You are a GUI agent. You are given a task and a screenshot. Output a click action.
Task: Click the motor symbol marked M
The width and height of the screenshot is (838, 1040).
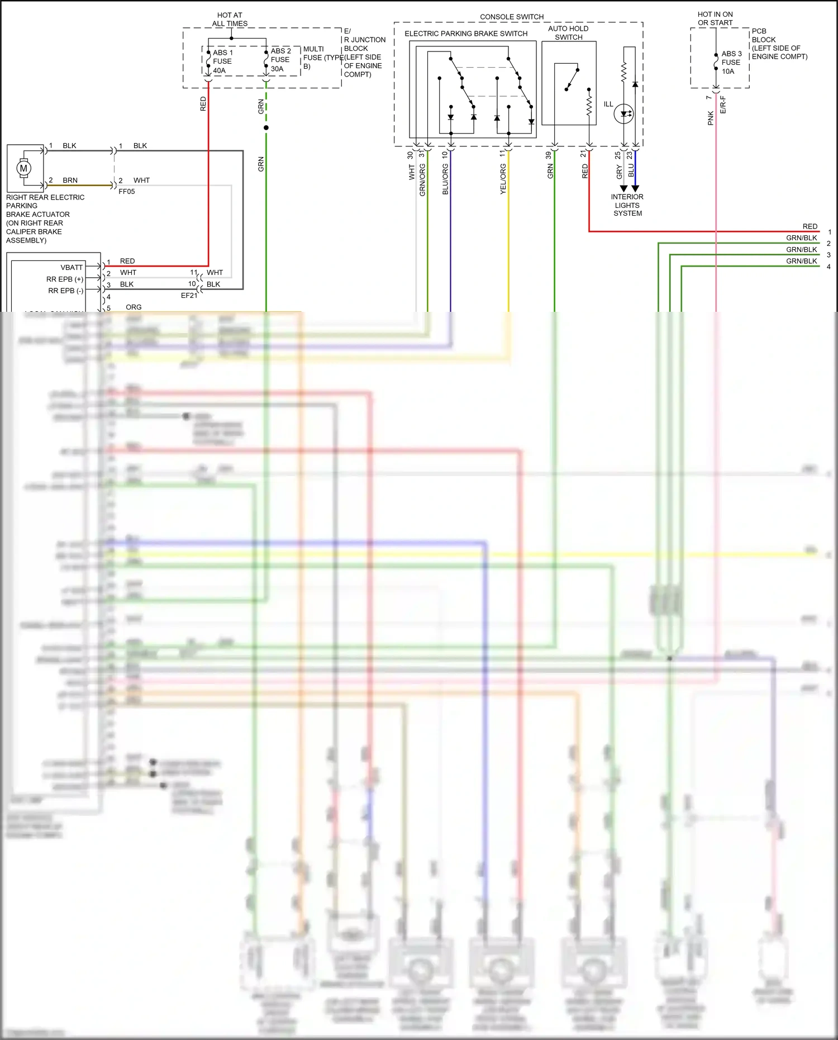point(23,168)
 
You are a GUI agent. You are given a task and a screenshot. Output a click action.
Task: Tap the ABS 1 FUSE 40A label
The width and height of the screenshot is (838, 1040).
point(222,61)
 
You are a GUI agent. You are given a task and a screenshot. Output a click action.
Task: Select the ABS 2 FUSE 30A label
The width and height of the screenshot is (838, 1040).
point(280,60)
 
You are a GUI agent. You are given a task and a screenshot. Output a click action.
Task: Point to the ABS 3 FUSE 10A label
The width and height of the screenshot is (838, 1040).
point(731,62)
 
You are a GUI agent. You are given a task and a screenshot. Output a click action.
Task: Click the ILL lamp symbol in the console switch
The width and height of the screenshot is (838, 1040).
point(623,114)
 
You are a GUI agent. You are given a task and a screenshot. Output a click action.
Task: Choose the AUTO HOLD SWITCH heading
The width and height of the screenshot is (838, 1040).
point(568,33)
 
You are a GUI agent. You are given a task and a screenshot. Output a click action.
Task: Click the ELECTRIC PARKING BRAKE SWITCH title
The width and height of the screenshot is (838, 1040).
point(466,34)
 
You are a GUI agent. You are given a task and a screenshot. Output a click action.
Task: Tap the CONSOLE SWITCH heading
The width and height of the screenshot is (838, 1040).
point(512,17)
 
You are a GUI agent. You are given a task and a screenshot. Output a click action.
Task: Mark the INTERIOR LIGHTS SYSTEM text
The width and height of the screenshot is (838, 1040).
point(627,205)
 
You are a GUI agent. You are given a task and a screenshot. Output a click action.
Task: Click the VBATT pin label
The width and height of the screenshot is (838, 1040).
point(72,267)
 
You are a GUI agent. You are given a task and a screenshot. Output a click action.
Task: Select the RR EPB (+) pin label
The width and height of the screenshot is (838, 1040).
point(65,279)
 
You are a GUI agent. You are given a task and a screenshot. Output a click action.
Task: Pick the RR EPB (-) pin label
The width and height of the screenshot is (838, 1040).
point(66,291)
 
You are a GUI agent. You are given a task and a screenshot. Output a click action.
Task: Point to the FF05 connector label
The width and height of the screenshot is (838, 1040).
point(127,191)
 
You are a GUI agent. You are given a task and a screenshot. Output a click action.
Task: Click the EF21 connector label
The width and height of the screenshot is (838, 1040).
point(189,296)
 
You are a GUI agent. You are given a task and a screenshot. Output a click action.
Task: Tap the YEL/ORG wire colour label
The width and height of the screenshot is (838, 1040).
point(503,179)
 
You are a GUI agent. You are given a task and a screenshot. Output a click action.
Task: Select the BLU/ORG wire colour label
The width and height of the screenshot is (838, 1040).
point(445,179)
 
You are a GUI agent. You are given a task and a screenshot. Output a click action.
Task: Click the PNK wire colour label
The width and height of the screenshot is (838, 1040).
point(711,118)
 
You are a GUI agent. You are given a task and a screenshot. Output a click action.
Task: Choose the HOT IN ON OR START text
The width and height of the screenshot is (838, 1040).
point(715,18)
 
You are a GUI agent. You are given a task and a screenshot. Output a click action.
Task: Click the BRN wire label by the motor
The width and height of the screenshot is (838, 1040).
point(70,180)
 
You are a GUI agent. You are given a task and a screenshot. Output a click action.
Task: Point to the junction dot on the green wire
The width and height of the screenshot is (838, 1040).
point(266,128)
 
